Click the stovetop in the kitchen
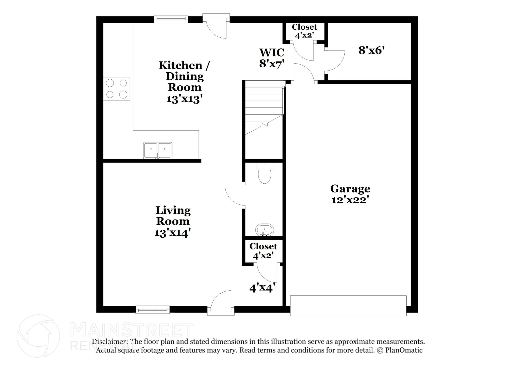116,89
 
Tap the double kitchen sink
158,150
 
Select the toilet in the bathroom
265,173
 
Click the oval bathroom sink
265,230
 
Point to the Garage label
350,188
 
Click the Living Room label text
173,216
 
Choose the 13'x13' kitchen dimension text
184,99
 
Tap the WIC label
272,52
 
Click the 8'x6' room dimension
371,50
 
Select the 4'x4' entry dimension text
262,288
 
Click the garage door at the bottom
348,305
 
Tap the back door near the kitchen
216,28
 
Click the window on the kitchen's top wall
171,19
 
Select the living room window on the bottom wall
153,310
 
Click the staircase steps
264,105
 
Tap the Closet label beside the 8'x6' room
304,27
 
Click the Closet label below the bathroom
263,246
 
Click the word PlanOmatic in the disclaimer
404,350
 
